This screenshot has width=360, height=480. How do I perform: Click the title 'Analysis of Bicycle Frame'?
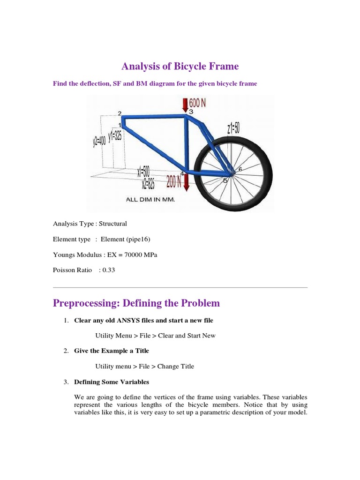click(x=180, y=67)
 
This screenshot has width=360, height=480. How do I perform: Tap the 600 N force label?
click(x=197, y=103)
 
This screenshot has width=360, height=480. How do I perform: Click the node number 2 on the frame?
click(x=120, y=113)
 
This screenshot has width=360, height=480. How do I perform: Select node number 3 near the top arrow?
click(x=191, y=112)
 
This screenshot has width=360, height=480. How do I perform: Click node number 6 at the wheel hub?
click(x=240, y=169)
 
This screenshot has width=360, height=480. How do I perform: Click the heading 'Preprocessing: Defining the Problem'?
click(x=136, y=303)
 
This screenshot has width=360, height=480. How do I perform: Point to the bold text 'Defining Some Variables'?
click(x=112, y=382)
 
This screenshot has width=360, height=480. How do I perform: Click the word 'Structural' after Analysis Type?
click(x=112, y=224)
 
